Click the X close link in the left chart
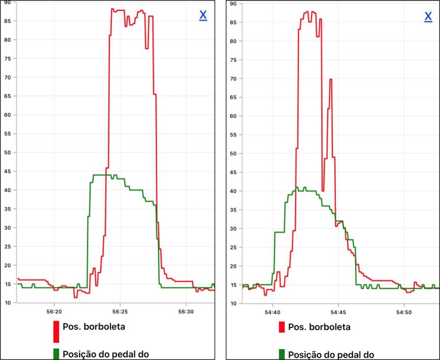point(203,16)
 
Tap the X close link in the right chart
point(428,17)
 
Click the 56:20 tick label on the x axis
point(54,312)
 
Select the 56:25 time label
point(120,312)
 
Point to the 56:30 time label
point(186,312)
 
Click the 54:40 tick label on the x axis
point(272,312)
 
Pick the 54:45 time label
point(338,312)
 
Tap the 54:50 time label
point(404,312)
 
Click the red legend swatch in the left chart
point(56,331)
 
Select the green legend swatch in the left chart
point(56,354)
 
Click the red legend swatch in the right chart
point(282,327)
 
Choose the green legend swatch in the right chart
point(282,354)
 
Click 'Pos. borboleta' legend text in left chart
point(94,327)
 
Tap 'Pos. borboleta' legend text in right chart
point(319,327)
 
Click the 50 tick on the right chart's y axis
point(233,153)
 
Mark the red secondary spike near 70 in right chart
point(331,80)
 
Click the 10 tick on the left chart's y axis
point(7,303)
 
